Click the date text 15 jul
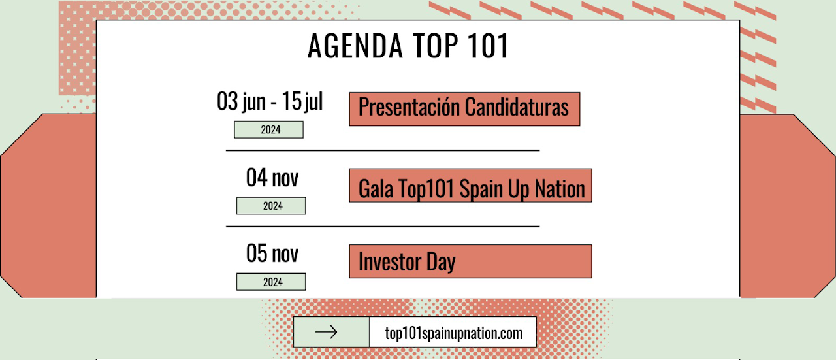[x=302, y=101]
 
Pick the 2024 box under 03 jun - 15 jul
[x=268, y=129]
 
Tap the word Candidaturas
[x=517, y=106]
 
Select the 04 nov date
[x=272, y=177]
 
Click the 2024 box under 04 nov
[x=271, y=206]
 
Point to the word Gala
[x=376, y=189]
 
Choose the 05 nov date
[x=272, y=254]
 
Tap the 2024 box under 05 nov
[x=271, y=282]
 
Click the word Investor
[x=390, y=261]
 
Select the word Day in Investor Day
[x=441, y=262]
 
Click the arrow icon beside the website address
[x=326, y=332]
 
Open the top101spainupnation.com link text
[x=454, y=333]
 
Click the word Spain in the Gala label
[x=481, y=189]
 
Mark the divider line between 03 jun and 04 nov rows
[x=383, y=150]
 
